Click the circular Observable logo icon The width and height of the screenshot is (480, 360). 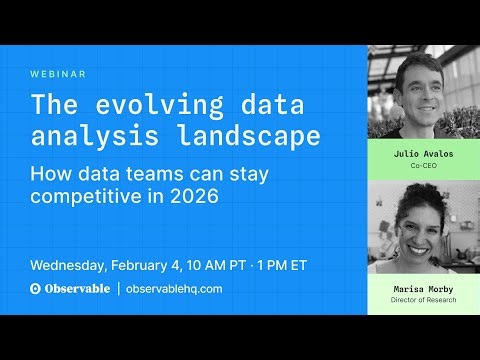[36, 289]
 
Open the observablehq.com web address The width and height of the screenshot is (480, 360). [174, 289]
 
